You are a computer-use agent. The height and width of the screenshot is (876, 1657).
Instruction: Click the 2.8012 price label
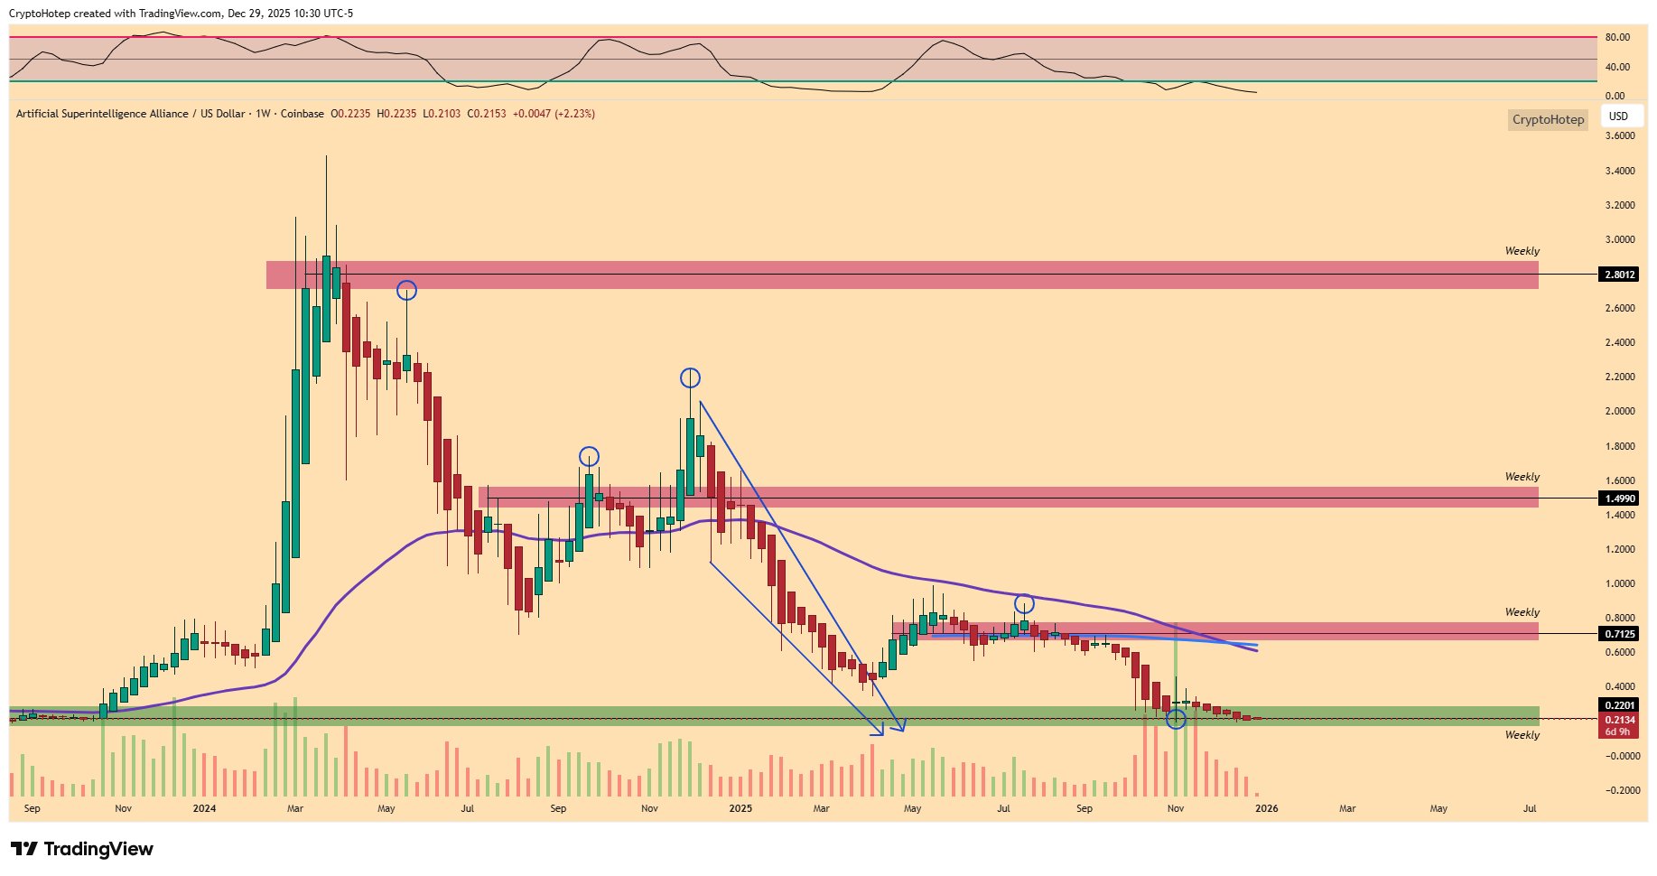click(1619, 275)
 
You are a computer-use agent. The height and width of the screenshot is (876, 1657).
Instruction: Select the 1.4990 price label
click(1619, 499)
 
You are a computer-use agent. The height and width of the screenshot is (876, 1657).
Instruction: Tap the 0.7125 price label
click(1619, 634)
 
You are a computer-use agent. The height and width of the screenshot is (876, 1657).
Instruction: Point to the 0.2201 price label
click(1619, 705)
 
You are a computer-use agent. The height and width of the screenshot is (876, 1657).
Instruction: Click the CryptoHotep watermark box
click(1548, 119)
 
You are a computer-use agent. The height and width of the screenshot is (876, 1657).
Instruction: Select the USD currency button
click(1618, 116)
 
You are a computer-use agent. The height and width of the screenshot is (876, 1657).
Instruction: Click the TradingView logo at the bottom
click(82, 849)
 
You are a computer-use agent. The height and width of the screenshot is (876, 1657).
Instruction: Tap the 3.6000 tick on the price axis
click(1620, 136)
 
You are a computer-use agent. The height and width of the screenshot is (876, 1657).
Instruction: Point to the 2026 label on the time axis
click(1266, 808)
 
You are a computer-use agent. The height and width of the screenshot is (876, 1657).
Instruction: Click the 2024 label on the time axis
click(204, 808)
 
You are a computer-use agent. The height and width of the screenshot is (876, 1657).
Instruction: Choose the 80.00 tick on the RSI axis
click(1617, 38)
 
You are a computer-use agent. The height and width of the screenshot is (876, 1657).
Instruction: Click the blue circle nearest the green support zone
click(1176, 720)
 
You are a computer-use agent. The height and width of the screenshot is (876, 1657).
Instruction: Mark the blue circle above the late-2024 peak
click(690, 377)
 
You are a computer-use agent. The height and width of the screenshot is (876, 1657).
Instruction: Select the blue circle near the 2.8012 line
click(407, 290)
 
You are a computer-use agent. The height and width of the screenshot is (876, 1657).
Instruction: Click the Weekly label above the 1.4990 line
click(1522, 477)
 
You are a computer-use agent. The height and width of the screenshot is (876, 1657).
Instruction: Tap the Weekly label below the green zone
click(1522, 735)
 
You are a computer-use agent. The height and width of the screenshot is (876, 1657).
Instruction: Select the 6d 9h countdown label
click(1618, 732)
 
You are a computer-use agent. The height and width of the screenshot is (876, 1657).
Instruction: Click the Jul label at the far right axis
click(1530, 808)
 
